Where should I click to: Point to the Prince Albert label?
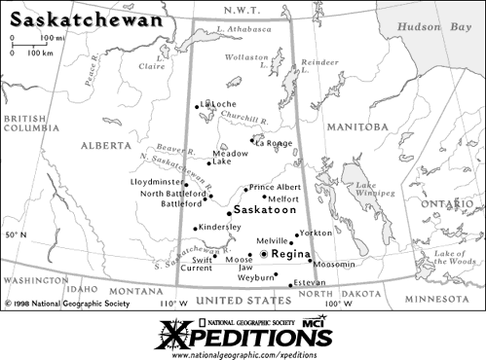[x=275, y=187]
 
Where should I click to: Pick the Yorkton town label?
[x=316, y=234]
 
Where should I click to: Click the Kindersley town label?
[x=220, y=227]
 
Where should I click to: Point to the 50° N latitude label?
[x=17, y=235]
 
